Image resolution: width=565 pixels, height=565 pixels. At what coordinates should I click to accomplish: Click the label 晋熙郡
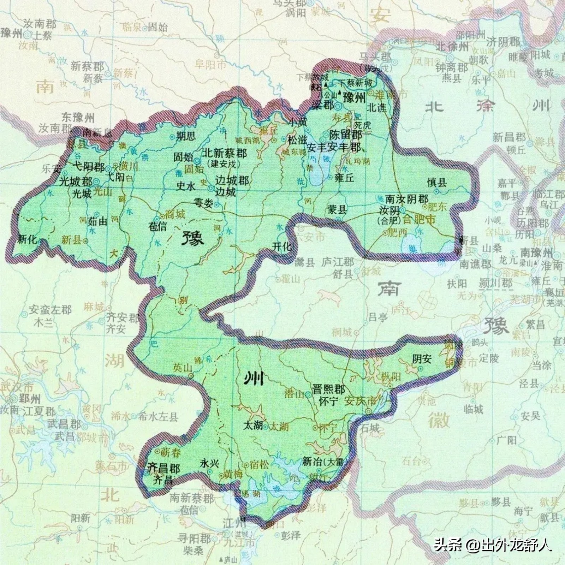[x=329, y=389]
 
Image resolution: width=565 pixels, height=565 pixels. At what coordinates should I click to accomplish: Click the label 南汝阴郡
[x=406, y=198]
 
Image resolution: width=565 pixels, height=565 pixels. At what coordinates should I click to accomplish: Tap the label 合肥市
[x=419, y=220]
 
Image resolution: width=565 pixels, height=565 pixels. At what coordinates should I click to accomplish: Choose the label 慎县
[x=437, y=182]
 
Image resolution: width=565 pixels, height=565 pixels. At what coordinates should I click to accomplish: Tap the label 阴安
[x=422, y=359]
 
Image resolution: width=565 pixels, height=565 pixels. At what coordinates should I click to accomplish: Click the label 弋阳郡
[x=88, y=166]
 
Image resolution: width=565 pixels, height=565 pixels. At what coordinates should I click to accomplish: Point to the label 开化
[x=282, y=246]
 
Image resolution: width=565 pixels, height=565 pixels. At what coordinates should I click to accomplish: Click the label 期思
[x=186, y=136]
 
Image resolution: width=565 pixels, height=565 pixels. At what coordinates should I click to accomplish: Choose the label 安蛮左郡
[x=50, y=310]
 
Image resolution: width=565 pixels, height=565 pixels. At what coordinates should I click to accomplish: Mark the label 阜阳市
[x=210, y=65]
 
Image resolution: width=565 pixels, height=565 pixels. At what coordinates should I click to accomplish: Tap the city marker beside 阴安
[x=421, y=368]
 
